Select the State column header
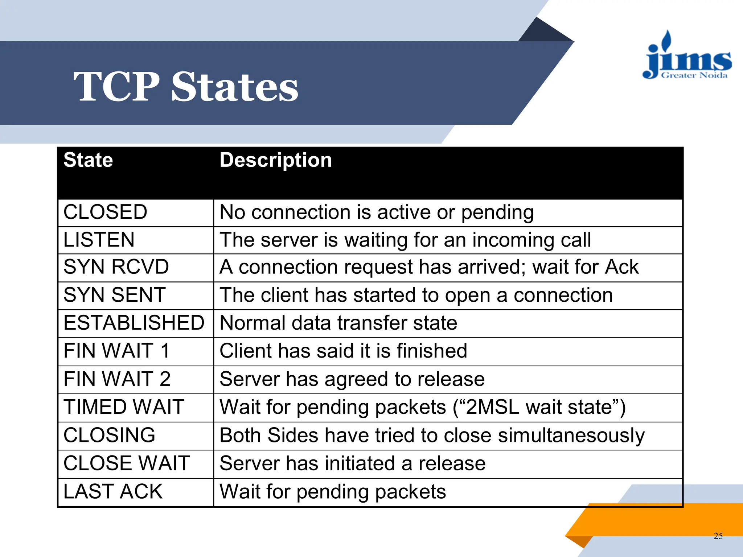click(88, 160)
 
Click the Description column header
click(276, 160)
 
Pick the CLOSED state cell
click(106, 212)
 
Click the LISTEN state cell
click(99, 240)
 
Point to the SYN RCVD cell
click(116, 267)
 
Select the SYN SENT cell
click(115, 295)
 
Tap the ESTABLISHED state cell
click(134, 323)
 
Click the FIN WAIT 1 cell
click(116, 351)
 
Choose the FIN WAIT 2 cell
click(117, 379)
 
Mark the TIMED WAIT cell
click(124, 407)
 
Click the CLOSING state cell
click(109, 435)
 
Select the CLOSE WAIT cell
click(127, 463)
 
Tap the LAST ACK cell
click(113, 491)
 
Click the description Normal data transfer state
click(338, 323)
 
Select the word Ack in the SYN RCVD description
click(621, 267)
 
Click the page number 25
click(718, 536)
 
